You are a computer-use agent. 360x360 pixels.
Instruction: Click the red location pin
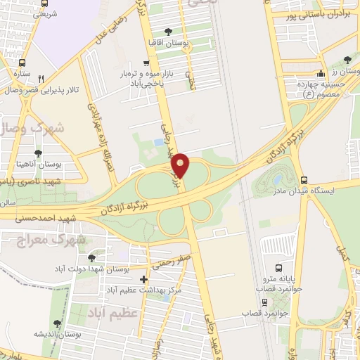pos(181,164)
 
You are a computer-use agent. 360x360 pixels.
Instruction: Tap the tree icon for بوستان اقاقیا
pos(167,32)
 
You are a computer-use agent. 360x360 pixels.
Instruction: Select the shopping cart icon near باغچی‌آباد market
pos(146,62)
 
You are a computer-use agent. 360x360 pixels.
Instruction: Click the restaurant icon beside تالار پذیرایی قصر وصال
pos(41,79)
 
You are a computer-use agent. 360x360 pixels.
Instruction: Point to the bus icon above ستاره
pos(22,62)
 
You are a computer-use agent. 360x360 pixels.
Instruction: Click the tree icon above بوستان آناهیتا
pos(37,153)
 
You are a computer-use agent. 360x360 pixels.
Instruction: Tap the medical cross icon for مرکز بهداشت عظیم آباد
pos(144,279)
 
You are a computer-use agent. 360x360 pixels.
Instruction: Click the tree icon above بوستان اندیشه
pos(57,323)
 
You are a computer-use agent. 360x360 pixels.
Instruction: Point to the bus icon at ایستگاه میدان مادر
pos(304,180)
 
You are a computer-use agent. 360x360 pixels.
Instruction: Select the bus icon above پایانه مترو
pos(279,268)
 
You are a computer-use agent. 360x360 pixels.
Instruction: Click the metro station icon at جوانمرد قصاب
pos(264,302)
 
